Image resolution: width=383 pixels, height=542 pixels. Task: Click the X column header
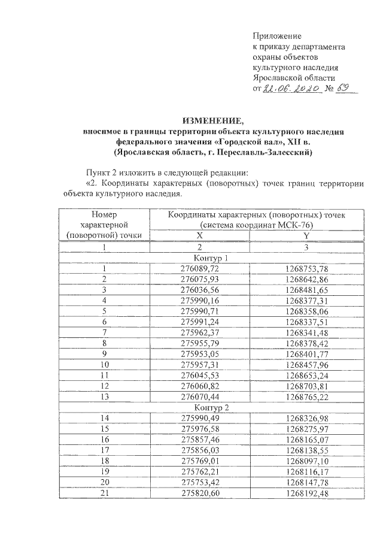199,236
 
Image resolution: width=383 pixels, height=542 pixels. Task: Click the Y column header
306,236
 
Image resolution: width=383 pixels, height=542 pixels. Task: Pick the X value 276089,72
200,269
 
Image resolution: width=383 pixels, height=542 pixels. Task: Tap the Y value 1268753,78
307,269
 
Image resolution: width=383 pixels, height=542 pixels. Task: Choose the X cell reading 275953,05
200,354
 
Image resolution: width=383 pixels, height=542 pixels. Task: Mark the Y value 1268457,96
307,365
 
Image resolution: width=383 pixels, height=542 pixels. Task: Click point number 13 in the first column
105,397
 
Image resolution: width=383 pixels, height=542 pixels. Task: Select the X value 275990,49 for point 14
200,419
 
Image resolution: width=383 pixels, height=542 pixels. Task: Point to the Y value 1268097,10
307,462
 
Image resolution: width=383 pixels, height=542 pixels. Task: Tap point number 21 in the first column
105,494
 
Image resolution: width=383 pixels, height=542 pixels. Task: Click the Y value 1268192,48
307,494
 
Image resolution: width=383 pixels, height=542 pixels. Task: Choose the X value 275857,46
200,440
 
